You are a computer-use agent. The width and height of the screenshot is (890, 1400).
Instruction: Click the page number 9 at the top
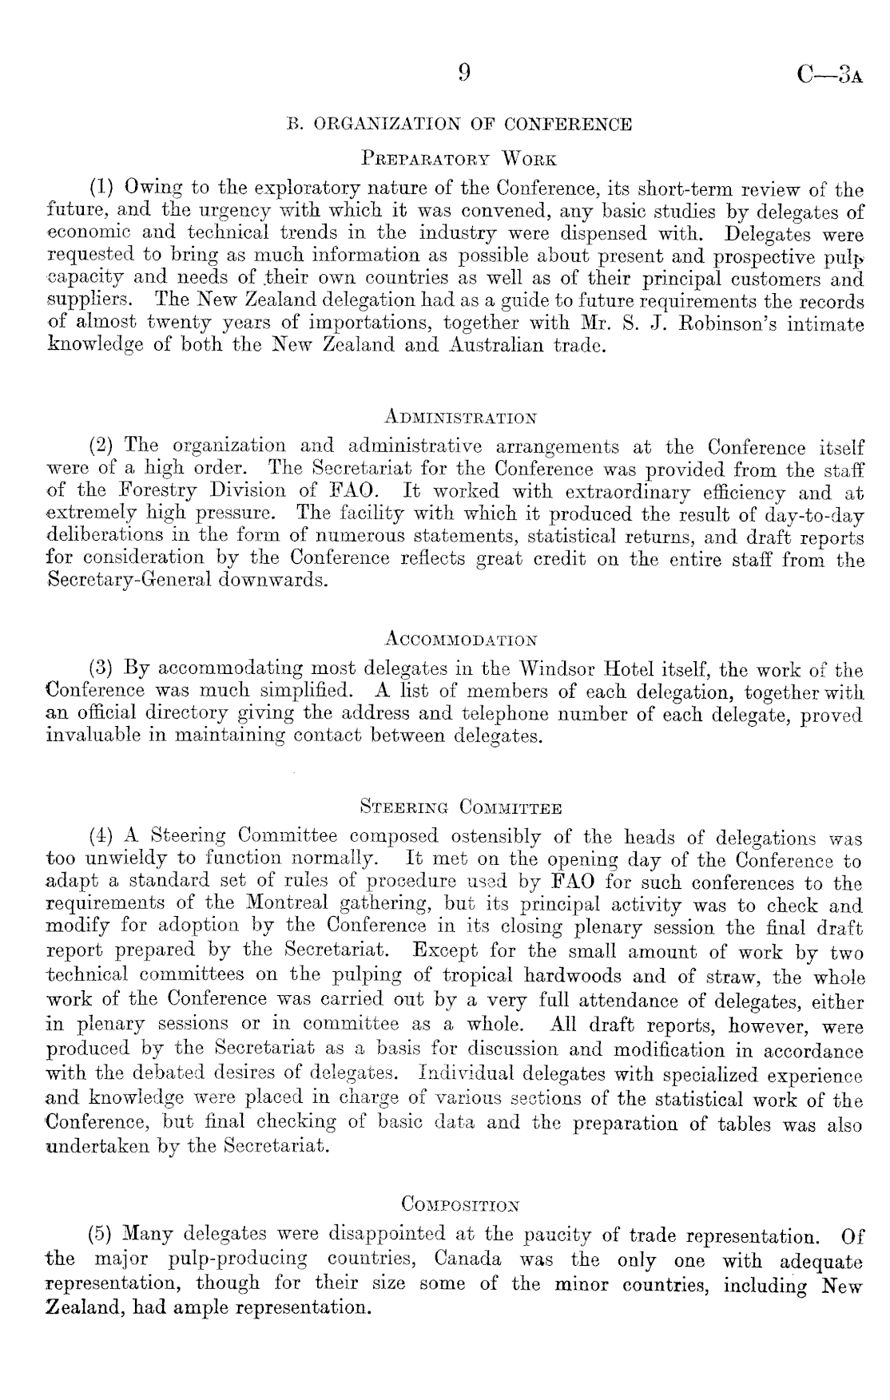[464, 73]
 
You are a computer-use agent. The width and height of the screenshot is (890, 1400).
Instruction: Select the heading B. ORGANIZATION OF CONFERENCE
[459, 125]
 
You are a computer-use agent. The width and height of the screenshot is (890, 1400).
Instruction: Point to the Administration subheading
[460, 418]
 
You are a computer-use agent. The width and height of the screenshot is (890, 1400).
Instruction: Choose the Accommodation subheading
[460, 640]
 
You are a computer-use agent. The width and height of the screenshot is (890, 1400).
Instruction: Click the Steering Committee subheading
[461, 807]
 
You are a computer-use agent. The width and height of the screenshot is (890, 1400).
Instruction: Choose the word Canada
[468, 1260]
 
